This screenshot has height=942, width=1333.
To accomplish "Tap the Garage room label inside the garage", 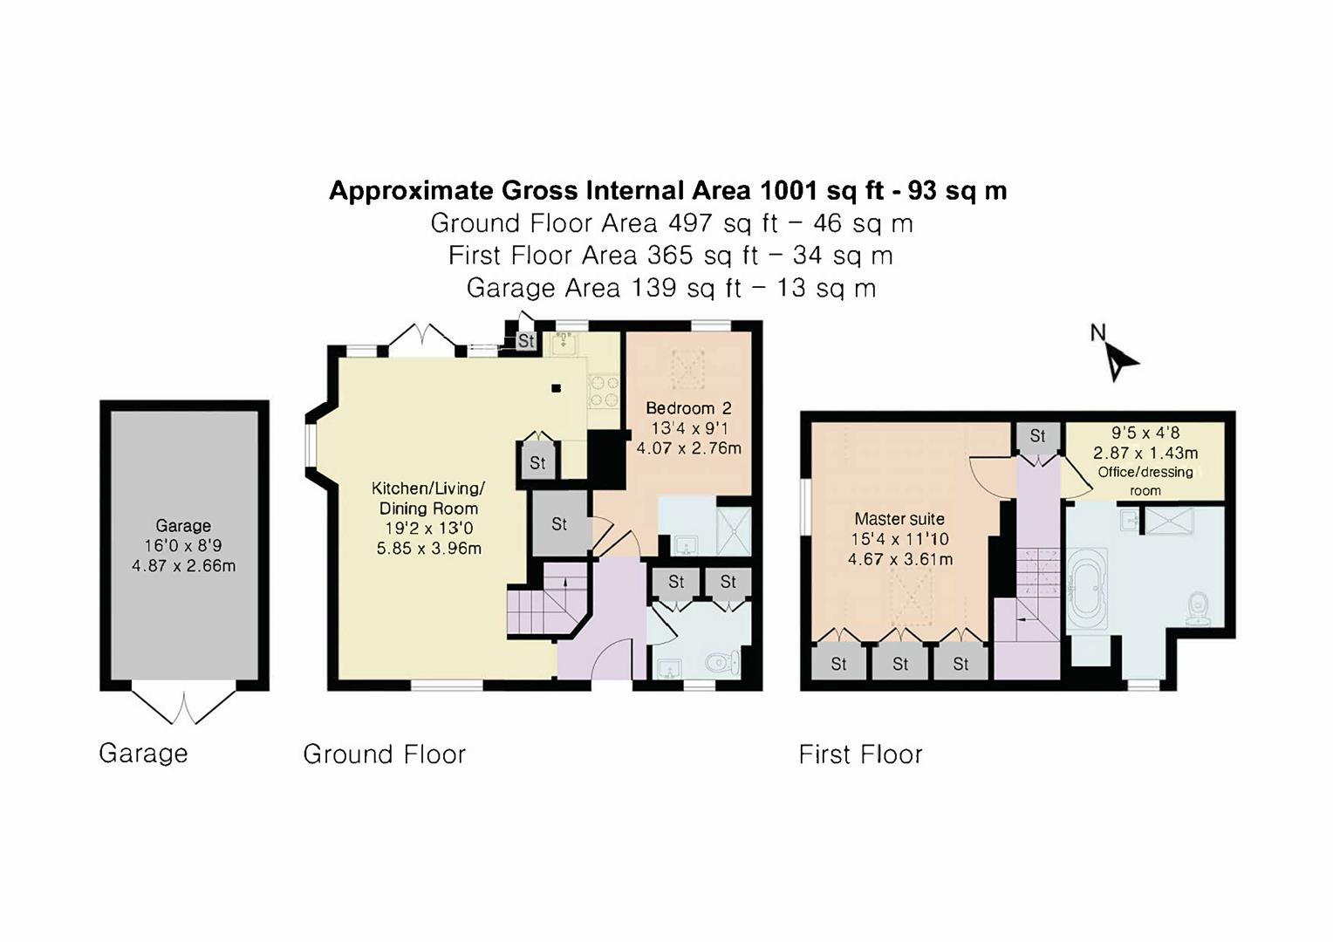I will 183,526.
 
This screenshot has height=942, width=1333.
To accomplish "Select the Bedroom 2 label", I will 688,408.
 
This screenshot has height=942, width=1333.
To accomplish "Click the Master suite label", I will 899,519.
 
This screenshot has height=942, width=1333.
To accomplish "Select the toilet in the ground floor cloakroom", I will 720,663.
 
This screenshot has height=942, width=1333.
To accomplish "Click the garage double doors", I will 184,706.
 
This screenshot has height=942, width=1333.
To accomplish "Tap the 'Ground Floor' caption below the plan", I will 384,754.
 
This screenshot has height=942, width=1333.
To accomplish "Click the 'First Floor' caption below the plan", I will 860,754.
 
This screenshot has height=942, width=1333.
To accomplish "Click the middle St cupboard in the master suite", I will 900,664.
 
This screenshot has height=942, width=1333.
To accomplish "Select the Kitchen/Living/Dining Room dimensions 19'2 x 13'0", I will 428,529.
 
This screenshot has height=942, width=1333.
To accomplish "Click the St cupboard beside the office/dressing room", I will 1037,436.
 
